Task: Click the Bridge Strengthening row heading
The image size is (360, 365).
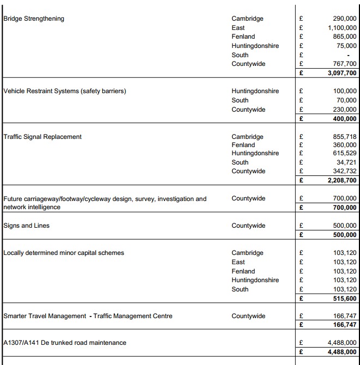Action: [x=34, y=19]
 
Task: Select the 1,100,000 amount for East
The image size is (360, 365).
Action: [x=342, y=28]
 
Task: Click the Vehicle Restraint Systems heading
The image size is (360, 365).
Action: [x=65, y=91]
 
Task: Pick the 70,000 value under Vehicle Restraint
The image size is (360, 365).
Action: [x=345, y=100]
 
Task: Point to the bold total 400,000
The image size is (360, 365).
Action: [x=345, y=119]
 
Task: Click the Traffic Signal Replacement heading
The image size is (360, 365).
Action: [x=42, y=137]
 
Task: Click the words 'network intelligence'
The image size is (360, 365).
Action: [x=32, y=207]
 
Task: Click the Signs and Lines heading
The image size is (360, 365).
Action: [x=26, y=226]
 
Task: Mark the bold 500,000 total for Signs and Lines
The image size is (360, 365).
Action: [x=345, y=235]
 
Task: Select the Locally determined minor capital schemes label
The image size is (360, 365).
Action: [x=64, y=253]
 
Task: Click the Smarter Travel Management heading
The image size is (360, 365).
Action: [x=88, y=316]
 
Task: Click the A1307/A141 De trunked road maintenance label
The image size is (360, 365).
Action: [x=65, y=343]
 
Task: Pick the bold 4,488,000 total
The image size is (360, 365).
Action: [x=342, y=352]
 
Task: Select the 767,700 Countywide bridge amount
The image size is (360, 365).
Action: [x=345, y=64]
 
